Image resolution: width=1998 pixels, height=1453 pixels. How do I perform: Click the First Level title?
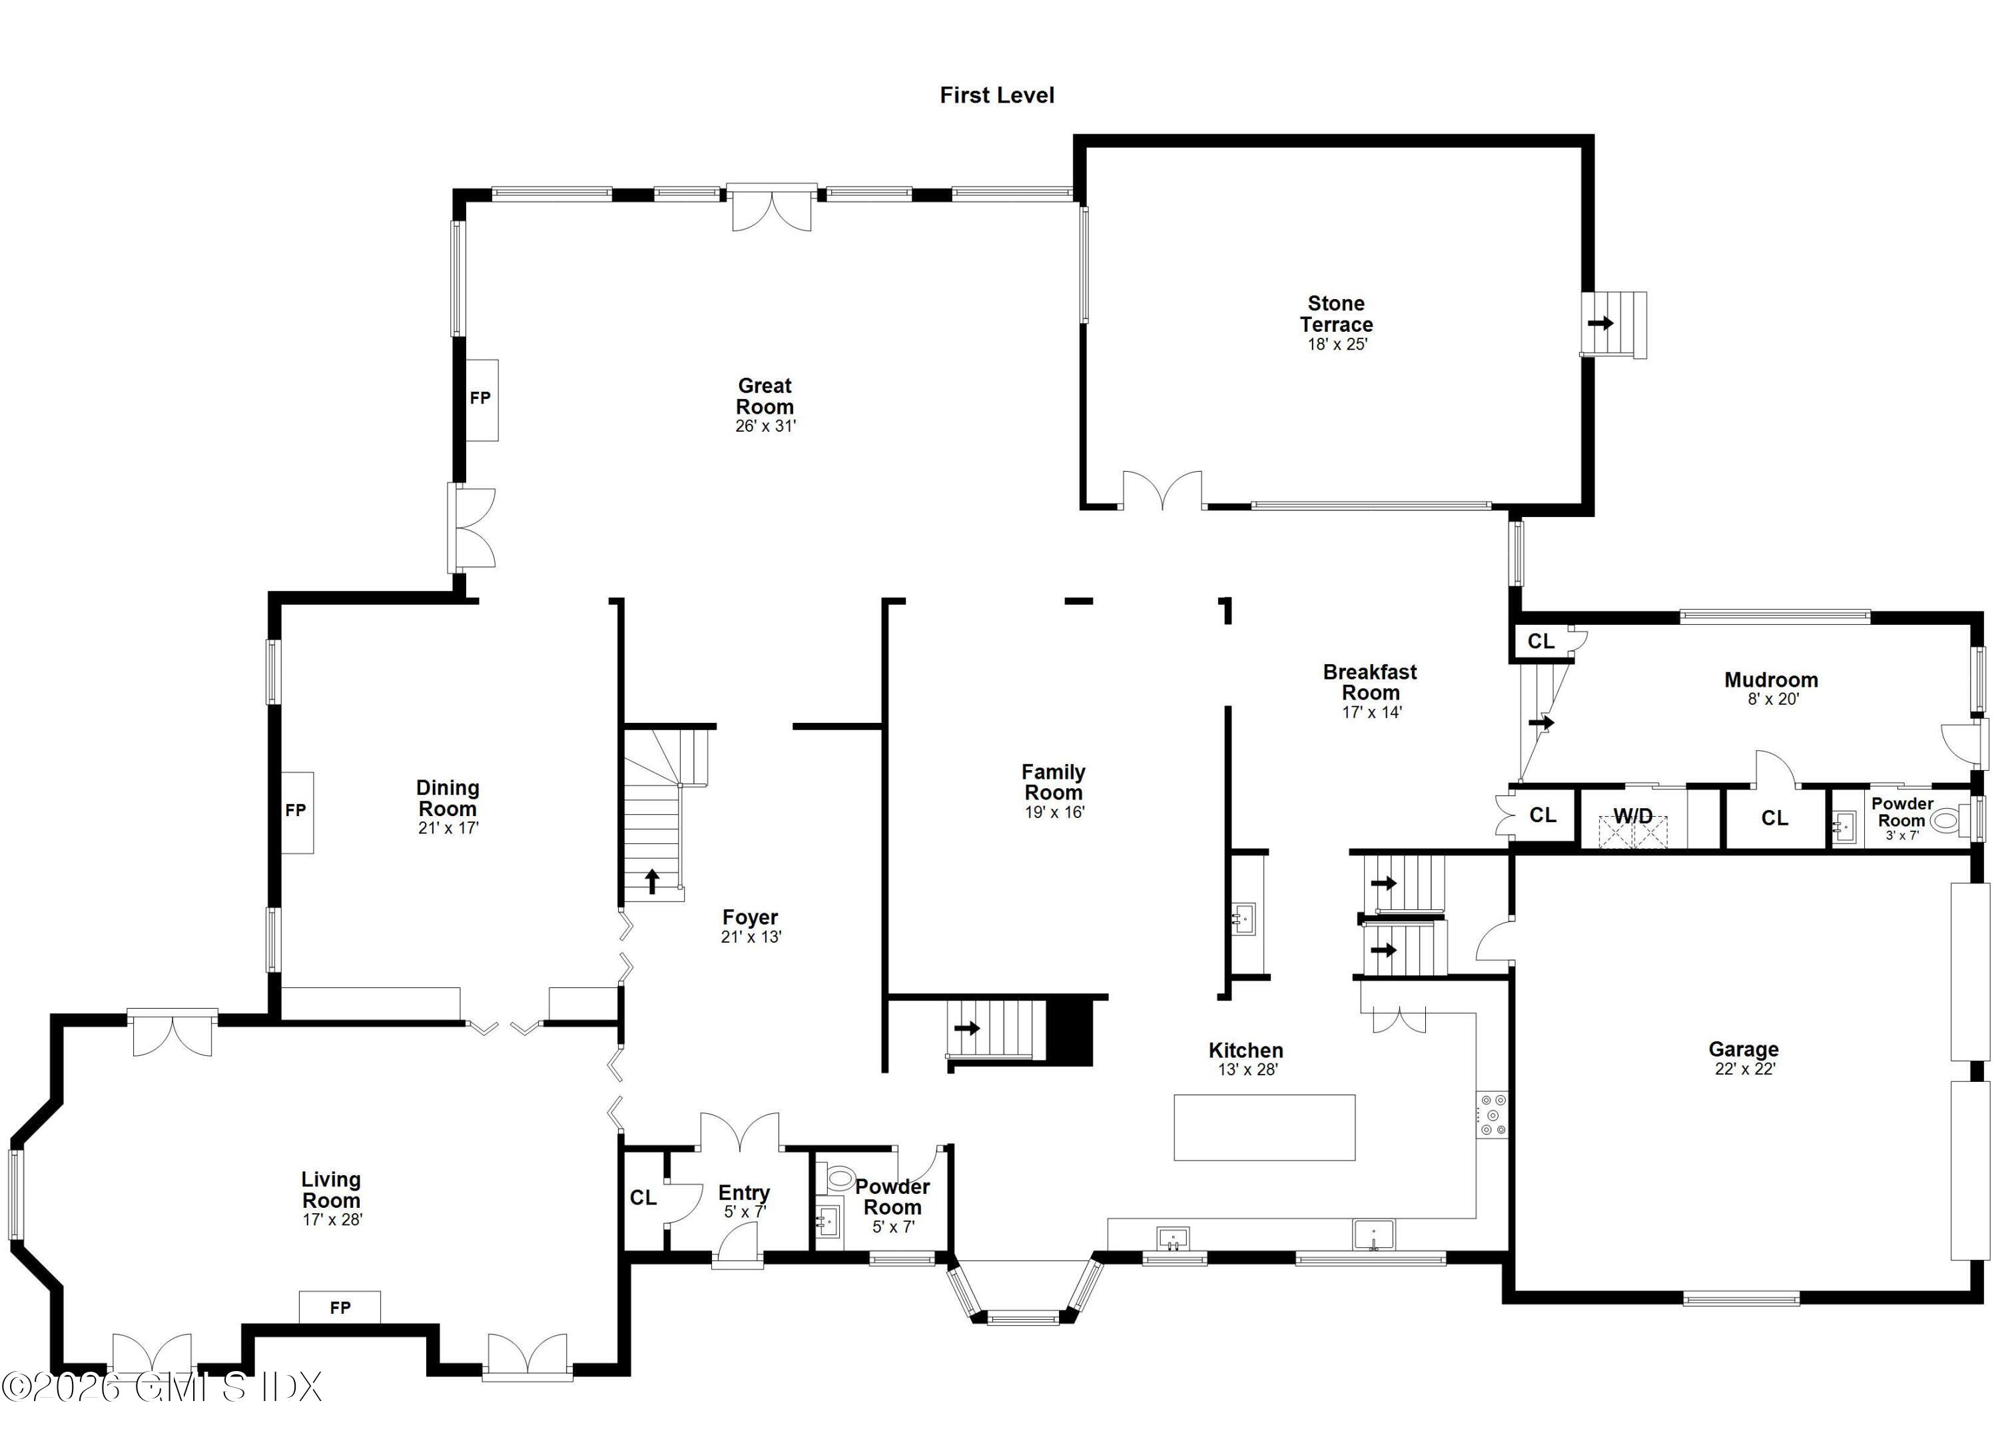point(996,95)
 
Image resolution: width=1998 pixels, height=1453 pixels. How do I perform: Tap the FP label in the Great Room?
point(480,398)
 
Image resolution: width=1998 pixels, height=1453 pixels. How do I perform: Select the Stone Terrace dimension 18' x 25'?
point(1337,344)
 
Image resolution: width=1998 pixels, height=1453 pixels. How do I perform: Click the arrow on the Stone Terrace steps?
point(1600,323)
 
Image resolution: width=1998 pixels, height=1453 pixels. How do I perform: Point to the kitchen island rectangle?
point(1264,1127)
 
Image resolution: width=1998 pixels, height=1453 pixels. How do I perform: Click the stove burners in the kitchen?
point(1493,1115)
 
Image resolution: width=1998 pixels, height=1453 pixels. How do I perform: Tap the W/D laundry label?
point(1632,816)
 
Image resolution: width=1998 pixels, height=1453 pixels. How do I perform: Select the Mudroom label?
point(1771,680)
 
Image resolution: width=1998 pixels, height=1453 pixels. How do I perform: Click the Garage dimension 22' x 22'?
point(1744,1069)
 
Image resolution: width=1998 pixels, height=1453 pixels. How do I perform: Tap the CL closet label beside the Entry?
point(643,1197)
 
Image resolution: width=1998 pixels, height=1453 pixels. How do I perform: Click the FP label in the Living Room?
point(340,1308)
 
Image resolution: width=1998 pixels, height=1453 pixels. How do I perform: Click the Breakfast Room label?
point(1370,682)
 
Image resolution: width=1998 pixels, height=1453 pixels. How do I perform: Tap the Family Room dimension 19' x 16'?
point(1054,812)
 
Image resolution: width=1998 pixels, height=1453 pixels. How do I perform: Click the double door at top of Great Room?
point(772,210)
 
